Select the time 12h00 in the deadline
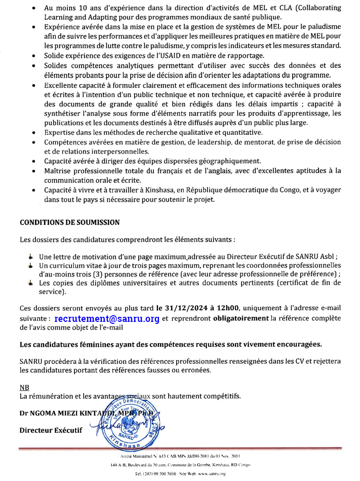tap(227, 308)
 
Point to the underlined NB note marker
tap(24, 387)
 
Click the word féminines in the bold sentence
tap(95, 345)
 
